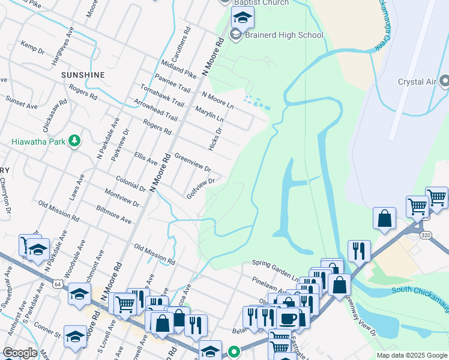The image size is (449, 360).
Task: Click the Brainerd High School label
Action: point(284,35)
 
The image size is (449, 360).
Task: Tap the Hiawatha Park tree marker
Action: point(74,141)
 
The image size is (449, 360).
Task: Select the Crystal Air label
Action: point(415,82)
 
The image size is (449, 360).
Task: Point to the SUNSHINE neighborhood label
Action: point(83,75)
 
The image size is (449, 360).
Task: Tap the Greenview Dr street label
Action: point(192,161)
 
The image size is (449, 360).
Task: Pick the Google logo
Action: point(20,353)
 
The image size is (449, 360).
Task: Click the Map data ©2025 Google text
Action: point(411,355)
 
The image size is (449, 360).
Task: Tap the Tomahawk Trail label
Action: point(161,95)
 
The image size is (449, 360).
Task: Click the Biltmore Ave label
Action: point(113,214)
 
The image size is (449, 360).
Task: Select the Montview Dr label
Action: point(121,199)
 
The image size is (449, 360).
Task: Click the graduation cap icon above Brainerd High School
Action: point(242,18)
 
